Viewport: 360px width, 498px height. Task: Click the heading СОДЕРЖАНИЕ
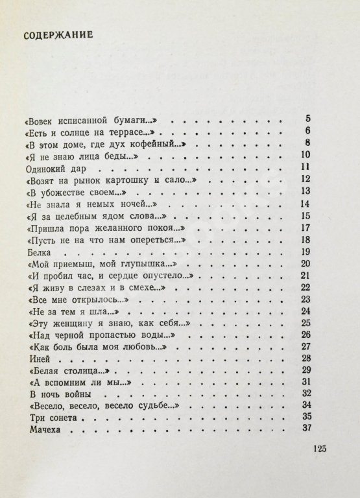pyautogui.click(x=58, y=34)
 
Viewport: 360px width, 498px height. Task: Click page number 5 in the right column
pyautogui.click(x=309, y=118)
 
